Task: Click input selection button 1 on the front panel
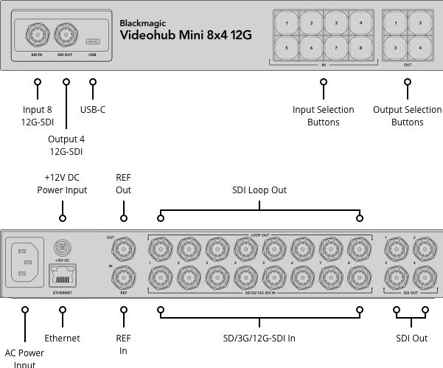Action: point(287,24)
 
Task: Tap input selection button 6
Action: point(311,48)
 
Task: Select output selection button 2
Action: point(420,24)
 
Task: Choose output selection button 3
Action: point(396,48)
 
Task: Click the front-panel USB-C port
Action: point(92,41)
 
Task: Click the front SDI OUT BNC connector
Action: point(66,34)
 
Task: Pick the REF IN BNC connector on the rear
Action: point(124,277)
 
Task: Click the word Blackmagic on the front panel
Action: point(142,23)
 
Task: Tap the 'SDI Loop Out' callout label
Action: point(259,190)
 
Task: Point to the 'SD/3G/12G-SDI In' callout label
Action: point(259,339)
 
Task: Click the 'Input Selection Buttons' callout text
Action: point(323,116)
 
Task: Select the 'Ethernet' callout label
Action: point(63,339)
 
